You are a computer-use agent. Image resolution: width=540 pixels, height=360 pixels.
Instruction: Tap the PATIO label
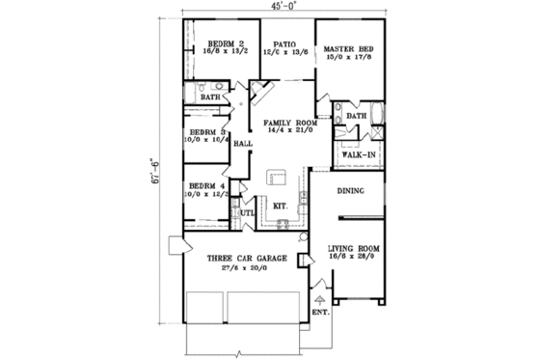pos(283,44)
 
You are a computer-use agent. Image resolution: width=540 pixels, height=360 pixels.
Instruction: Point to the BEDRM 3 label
pos(207,131)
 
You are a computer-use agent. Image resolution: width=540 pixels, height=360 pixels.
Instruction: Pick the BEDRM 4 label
pos(207,185)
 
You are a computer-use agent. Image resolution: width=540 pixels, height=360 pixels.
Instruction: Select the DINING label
pos(350,191)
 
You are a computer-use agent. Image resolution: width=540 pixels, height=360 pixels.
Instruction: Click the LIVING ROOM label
pos(354,247)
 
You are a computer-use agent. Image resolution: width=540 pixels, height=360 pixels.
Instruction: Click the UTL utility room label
pos(246,213)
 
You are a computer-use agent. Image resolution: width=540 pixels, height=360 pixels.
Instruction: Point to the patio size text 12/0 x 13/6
pos(283,55)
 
